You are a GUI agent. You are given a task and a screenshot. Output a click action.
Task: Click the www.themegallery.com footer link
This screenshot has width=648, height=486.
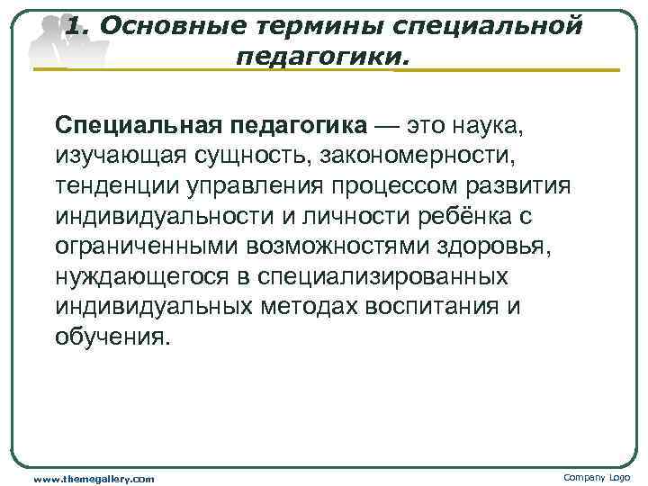click(94, 478)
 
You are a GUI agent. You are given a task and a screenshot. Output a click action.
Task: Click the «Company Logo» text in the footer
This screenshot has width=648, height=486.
click(598, 477)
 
